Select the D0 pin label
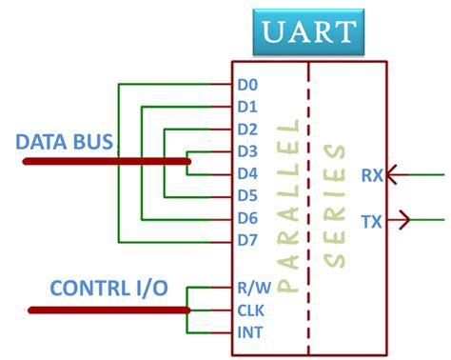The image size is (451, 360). click(247, 84)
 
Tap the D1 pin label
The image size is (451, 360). click(247, 106)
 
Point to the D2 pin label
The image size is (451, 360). click(247, 129)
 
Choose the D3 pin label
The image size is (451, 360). click(247, 150)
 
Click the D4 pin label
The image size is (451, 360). click(247, 173)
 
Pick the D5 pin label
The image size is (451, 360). click(247, 195)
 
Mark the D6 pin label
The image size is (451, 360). click(247, 218)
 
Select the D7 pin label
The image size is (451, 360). click(247, 240)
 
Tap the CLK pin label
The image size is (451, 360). click(249, 310)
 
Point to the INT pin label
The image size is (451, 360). click(249, 332)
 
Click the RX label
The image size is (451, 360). click(373, 175)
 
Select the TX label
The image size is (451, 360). click(372, 222)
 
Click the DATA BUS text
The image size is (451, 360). click(65, 143)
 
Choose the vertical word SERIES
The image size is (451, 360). click(334, 205)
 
